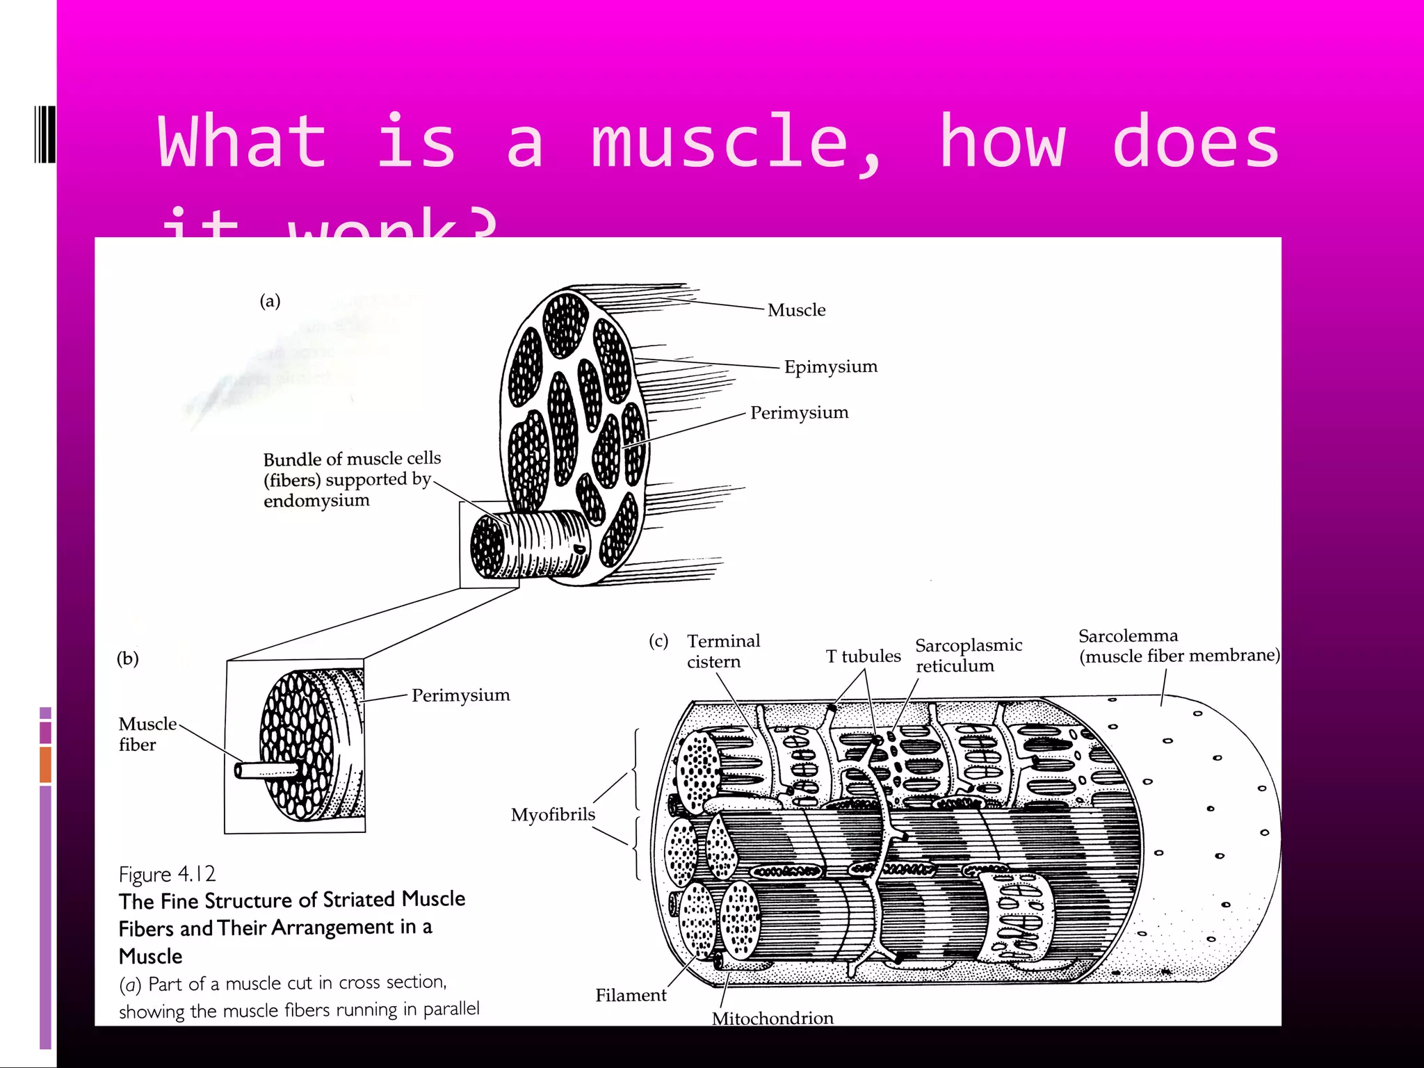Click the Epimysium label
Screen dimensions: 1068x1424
pyautogui.click(x=830, y=366)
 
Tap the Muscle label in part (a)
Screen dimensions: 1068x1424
pyautogui.click(x=796, y=310)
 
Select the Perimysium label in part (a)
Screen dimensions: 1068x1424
pyautogui.click(x=799, y=413)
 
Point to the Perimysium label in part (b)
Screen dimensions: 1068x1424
pyautogui.click(x=460, y=695)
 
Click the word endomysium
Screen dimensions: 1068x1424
pyautogui.click(x=316, y=501)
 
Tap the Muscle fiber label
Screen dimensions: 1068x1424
pyautogui.click(x=147, y=734)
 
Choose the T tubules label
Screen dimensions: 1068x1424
pyautogui.click(x=863, y=656)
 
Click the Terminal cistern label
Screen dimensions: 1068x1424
pyautogui.click(x=722, y=652)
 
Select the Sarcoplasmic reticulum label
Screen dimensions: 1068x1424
pyautogui.click(x=968, y=656)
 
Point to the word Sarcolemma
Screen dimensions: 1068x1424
pyautogui.click(x=1128, y=636)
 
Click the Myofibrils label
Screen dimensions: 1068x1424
pyautogui.click(x=553, y=815)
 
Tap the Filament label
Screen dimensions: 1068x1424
pyautogui.click(x=630, y=996)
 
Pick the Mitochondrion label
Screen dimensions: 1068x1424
pyautogui.click(x=772, y=1019)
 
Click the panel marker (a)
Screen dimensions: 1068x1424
pyautogui.click(x=270, y=301)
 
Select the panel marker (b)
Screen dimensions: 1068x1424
pyautogui.click(x=127, y=658)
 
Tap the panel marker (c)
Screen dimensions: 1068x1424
pyautogui.click(x=658, y=641)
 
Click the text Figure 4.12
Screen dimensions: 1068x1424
pyautogui.click(x=167, y=874)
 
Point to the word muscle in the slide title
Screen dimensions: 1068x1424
pyautogui.click(x=720, y=143)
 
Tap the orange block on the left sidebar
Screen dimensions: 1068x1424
pyautogui.click(x=45, y=764)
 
